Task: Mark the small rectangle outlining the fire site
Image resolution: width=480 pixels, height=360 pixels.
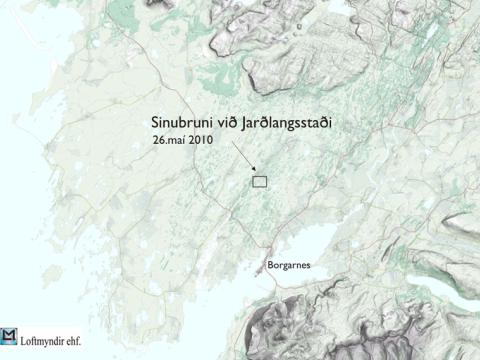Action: pyautogui.click(x=260, y=181)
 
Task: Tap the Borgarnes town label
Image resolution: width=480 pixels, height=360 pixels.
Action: pyautogui.click(x=290, y=265)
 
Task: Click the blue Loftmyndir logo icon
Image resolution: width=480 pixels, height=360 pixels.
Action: pyautogui.click(x=10, y=337)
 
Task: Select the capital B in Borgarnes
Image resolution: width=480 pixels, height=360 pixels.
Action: pyautogui.click(x=270, y=265)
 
